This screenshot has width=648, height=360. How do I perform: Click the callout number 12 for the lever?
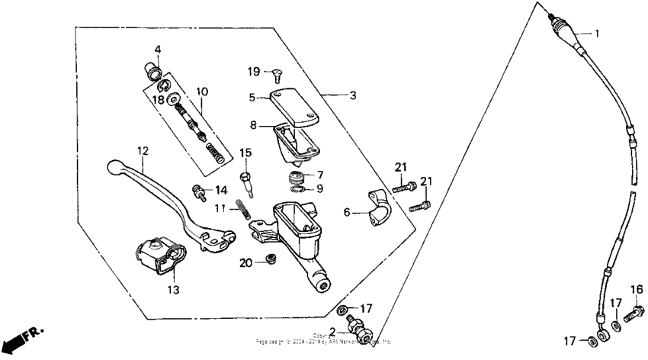click(142, 151)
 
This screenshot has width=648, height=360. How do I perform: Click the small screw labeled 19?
click(277, 74)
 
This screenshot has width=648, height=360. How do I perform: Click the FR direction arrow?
click(22, 338)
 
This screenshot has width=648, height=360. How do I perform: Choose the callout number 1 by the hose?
click(597, 34)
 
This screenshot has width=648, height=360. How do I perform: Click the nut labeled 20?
click(268, 262)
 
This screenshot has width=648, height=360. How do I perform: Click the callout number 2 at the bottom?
click(332, 332)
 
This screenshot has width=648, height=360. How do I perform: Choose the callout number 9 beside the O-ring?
click(319, 188)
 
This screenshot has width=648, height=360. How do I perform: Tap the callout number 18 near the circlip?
click(158, 100)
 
